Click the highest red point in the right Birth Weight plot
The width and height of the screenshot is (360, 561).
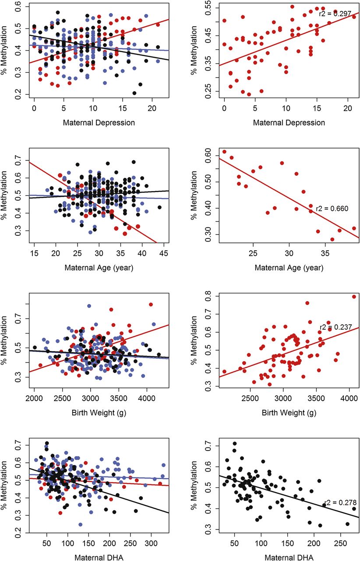click(354, 297)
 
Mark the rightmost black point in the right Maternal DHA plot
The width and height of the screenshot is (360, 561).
click(354, 509)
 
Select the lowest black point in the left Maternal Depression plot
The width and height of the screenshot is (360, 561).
click(134, 93)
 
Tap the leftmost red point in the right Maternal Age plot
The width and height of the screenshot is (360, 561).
click(224, 152)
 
